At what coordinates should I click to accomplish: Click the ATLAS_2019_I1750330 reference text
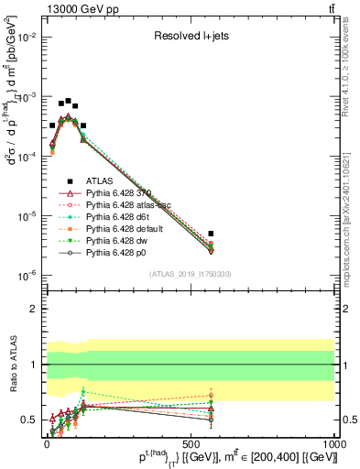pos(190,274)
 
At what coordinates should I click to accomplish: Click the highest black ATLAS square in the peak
pos(68,101)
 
